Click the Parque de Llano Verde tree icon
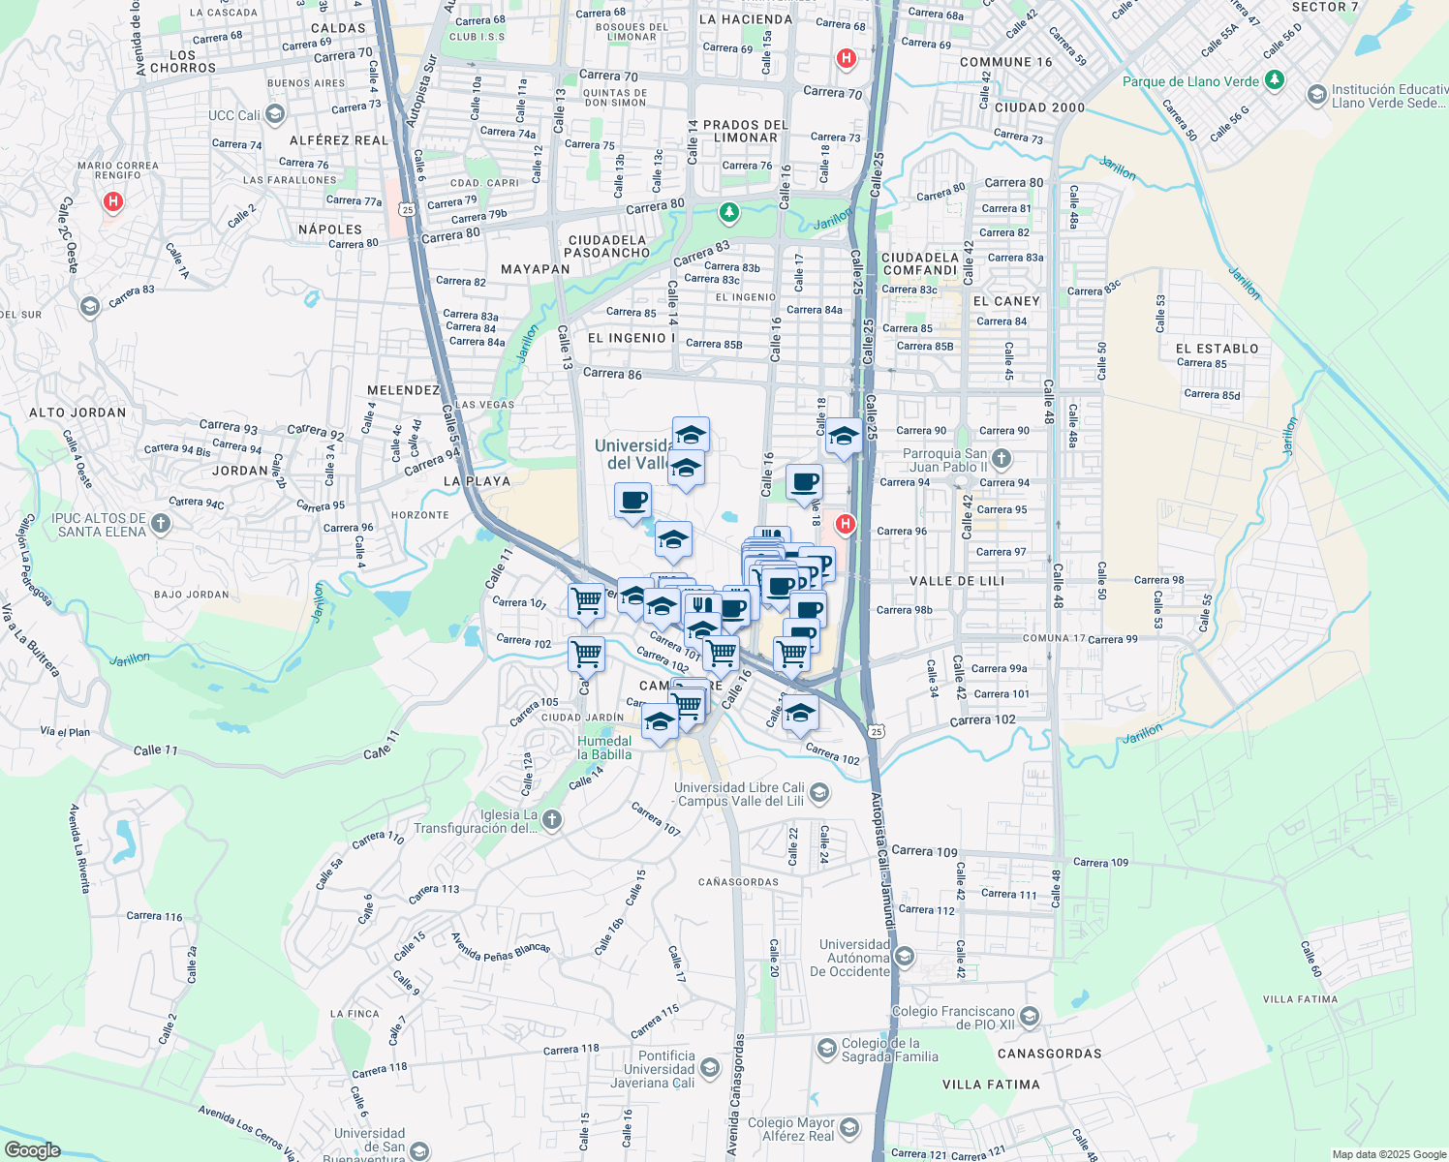click(1275, 80)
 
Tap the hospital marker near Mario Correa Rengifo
click(113, 202)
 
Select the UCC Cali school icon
click(275, 115)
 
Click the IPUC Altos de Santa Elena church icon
click(161, 525)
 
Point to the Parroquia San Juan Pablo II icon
click(1002, 459)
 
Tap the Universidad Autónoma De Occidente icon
click(905, 958)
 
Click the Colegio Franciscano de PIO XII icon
click(1030, 1017)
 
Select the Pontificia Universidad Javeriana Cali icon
click(709, 1069)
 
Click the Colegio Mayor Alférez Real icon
click(849, 1128)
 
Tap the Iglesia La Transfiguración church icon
click(552, 821)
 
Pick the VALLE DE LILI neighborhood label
click(957, 581)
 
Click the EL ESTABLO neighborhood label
click(1217, 349)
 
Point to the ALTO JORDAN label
click(77, 413)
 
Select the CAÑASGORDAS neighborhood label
click(738, 882)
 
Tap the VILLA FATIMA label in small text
click(1300, 999)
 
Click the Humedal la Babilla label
click(604, 748)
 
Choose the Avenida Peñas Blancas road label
click(500, 948)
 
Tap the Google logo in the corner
click(33, 1150)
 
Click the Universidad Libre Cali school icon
click(818, 794)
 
